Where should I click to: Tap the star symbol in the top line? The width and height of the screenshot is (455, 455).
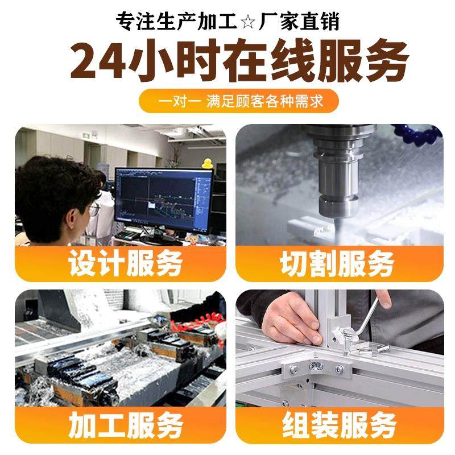[249, 23]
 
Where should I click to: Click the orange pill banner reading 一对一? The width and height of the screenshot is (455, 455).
[239, 101]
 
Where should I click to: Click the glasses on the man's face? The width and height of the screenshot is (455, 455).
[94, 209]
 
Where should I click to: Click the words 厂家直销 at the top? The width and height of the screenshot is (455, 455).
[299, 23]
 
